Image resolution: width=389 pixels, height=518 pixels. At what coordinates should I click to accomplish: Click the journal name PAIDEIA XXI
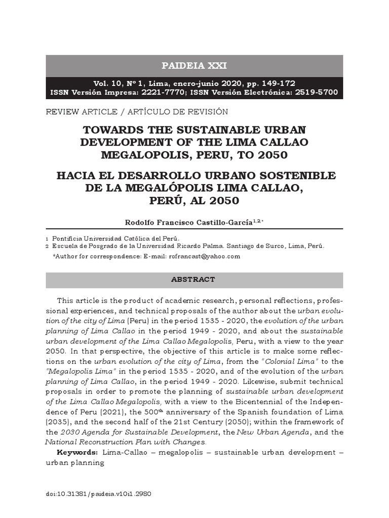pos(194,66)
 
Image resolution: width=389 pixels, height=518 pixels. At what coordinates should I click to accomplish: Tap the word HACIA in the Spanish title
pos(78,176)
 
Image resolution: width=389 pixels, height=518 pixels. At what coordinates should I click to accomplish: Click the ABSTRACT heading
pos(193,279)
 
